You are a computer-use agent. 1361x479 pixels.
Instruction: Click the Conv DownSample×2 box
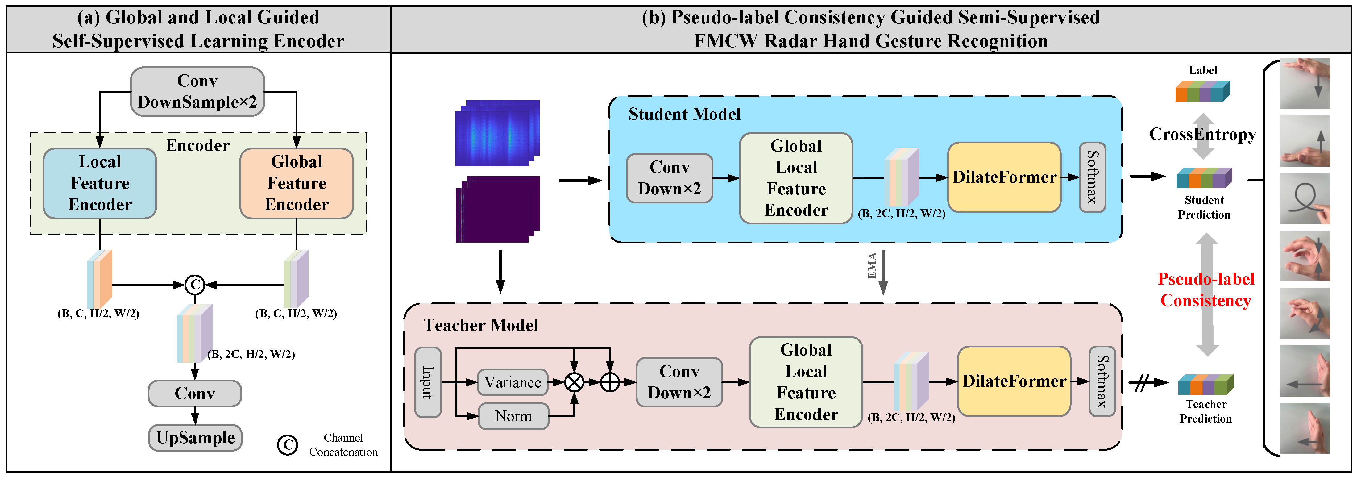click(197, 91)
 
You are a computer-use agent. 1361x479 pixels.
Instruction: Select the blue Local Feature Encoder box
click(100, 183)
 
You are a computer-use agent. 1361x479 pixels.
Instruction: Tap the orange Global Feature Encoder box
click(297, 183)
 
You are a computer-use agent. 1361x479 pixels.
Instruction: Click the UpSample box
click(195, 438)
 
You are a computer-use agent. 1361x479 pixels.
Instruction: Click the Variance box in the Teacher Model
click(512, 382)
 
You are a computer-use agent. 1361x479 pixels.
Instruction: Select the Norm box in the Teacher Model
click(513, 416)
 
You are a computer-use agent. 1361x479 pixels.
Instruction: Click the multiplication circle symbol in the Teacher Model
click(574, 382)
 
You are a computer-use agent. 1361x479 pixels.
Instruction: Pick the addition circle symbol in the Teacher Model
click(610, 382)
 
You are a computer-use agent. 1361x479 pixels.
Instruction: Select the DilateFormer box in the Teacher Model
click(1014, 381)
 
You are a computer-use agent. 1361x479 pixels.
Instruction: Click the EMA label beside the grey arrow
click(872, 266)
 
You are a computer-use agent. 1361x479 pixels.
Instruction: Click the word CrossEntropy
click(1202, 134)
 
